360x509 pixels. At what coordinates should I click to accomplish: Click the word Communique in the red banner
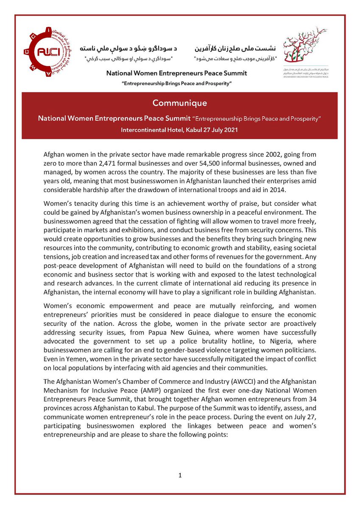pyautogui.click(x=180, y=103)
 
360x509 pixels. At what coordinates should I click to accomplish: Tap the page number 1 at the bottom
pyautogui.click(x=180, y=475)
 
